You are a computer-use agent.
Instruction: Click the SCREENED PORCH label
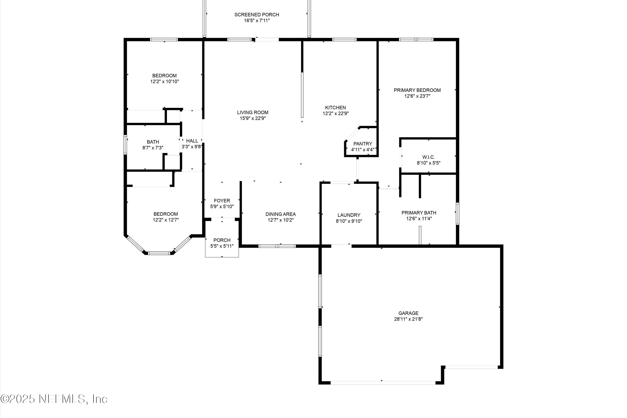(256, 15)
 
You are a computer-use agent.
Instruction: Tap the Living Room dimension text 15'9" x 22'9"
(253, 118)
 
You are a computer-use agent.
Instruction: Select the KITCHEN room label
(335, 107)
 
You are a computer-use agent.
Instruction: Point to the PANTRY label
(363, 144)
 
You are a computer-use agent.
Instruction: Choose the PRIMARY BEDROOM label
(417, 90)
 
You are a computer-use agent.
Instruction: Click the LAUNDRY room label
(349, 215)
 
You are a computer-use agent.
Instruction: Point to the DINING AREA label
(280, 214)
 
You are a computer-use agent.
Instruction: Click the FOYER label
(222, 201)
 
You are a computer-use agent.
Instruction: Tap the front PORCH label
(222, 240)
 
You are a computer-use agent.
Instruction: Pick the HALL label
(192, 141)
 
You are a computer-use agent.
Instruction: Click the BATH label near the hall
(153, 142)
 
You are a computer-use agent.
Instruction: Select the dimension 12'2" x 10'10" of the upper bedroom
(164, 82)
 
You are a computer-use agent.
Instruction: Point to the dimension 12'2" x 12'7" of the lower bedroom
(166, 220)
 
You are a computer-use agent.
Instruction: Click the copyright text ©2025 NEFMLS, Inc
(54, 399)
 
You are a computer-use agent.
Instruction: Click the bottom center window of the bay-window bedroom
(159, 253)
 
